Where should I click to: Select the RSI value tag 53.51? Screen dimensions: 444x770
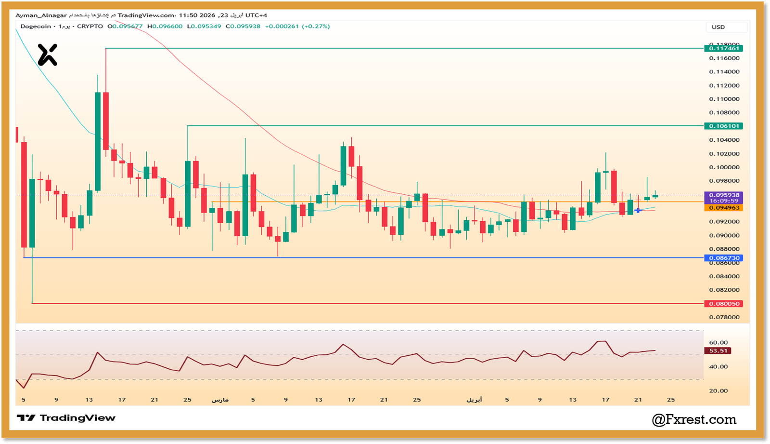[718, 351]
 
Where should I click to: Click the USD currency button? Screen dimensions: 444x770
[718, 27]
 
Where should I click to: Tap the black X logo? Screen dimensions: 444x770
[48, 54]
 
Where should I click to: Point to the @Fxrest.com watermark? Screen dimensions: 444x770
[694, 419]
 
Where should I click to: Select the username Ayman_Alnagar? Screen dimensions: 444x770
[41, 15]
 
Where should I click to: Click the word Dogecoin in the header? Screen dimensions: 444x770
[36, 27]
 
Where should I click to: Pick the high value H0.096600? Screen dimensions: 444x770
[165, 27]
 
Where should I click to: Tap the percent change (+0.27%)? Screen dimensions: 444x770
[316, 27]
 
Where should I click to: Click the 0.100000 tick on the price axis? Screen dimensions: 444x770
[724, 167]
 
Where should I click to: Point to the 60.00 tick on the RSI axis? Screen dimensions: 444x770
[718, 343]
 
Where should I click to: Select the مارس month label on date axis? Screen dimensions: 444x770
[220, 400]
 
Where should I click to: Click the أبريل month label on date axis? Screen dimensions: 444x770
[474, 400]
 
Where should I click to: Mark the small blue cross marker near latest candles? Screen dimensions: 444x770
[638, 210]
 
